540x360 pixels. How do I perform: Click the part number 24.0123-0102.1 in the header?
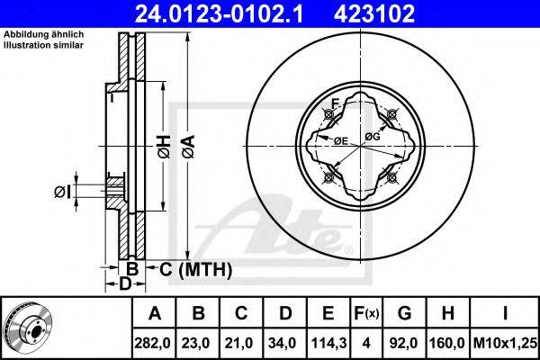(219, 13)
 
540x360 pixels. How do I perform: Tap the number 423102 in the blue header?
(374, 13)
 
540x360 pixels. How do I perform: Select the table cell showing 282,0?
(154, 343)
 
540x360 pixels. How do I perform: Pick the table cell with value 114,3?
(328, 343)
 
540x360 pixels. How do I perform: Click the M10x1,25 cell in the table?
(505, 343)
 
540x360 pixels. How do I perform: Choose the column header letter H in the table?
(447, 313)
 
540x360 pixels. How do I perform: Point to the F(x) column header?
(366, 313)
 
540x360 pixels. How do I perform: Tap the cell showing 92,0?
(404, 343)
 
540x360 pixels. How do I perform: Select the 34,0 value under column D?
(285, 343)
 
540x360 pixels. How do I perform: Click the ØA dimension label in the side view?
(189, 147)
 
